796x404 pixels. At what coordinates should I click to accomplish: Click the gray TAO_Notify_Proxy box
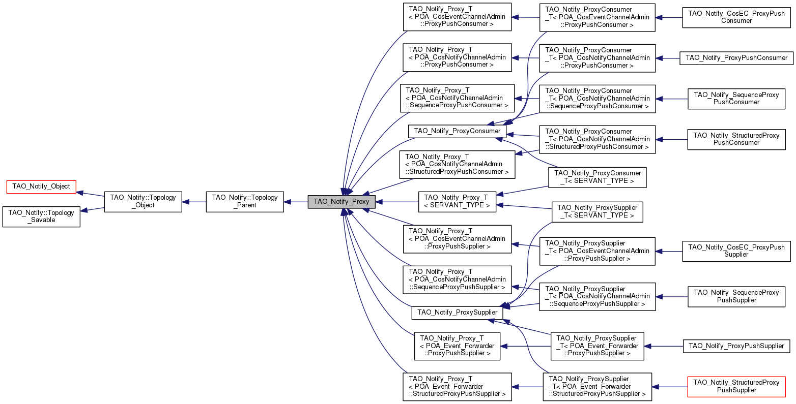(341, 202)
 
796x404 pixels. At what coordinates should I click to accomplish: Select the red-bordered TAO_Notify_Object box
(41, 187)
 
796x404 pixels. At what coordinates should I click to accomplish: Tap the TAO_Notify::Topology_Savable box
(41, 216)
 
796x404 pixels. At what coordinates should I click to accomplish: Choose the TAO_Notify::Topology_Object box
(143, 202)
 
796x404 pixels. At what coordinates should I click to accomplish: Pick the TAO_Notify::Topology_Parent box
(244, 202)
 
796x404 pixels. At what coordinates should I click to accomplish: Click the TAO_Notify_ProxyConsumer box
(457, 131)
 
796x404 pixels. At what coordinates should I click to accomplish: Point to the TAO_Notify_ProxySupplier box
(457, 313)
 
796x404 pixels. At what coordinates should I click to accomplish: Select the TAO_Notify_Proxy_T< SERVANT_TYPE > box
(457, 202)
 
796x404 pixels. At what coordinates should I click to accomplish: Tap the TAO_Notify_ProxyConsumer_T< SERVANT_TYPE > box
(597, 177)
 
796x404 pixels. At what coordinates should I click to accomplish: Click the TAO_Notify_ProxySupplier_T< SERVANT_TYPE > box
(597, 212)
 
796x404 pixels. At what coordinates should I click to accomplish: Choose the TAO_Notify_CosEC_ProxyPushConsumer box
(736, 17)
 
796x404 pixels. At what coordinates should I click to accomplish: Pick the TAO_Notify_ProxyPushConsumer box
(736, 58)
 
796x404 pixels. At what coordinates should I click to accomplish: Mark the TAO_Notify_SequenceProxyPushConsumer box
(736, 99)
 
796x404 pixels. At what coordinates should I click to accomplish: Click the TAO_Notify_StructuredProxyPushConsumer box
(736, 139)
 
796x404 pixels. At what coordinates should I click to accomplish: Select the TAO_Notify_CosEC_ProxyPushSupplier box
(736, 251)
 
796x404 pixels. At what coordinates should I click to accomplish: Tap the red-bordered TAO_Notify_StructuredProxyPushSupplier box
(736, 387)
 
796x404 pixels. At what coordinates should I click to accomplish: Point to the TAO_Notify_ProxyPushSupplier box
(736, 346)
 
